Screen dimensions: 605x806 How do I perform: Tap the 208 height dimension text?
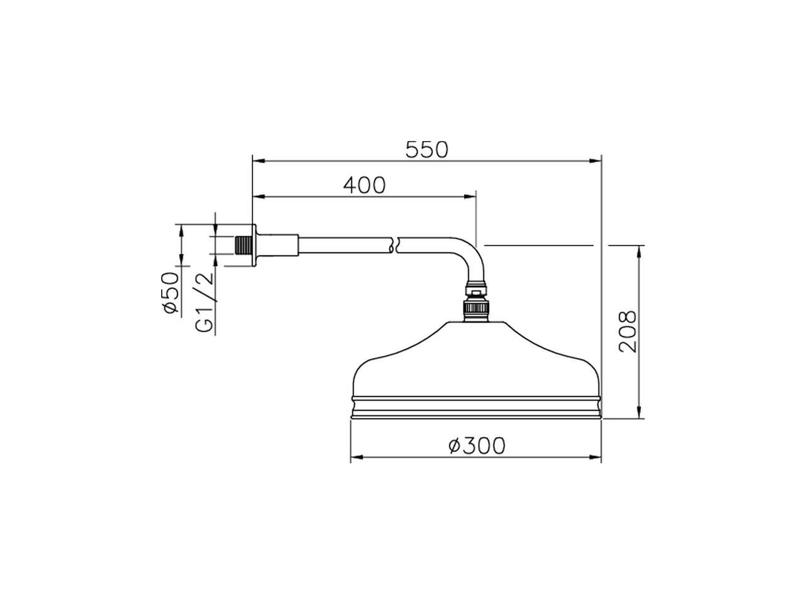pos(627,331)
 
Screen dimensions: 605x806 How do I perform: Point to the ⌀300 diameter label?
pos(477,446)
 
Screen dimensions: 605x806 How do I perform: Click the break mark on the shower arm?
pos(394,245)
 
